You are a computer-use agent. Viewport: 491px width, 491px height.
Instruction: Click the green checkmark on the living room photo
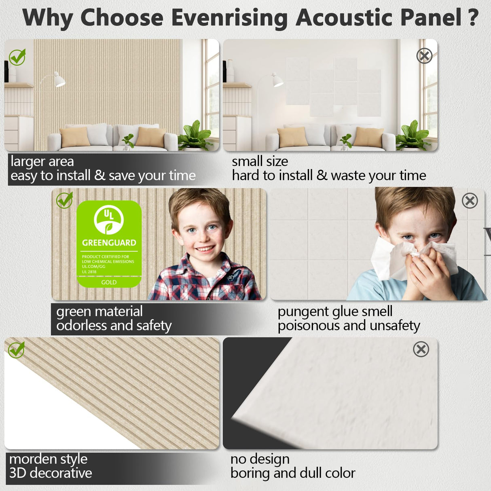point(17,57)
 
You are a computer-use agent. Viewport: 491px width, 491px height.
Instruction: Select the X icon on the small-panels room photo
point(424,56)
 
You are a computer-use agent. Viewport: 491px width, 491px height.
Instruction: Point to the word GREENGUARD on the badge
point(109,243)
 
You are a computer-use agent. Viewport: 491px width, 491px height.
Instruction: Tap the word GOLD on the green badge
point(109,282)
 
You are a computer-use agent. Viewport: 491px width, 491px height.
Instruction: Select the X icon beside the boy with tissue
point(470,201)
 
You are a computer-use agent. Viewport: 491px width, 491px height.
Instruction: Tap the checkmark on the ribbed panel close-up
point(17,350)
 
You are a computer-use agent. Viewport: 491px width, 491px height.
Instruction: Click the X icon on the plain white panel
point(421,349)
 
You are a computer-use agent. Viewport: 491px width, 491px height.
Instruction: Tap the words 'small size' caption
point(260,161)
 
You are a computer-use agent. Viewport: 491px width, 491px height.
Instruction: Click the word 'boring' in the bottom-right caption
point(250,473)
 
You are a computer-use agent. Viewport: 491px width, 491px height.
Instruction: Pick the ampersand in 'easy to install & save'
point(99,176)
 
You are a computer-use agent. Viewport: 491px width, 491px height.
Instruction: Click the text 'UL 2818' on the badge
point(89,272)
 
